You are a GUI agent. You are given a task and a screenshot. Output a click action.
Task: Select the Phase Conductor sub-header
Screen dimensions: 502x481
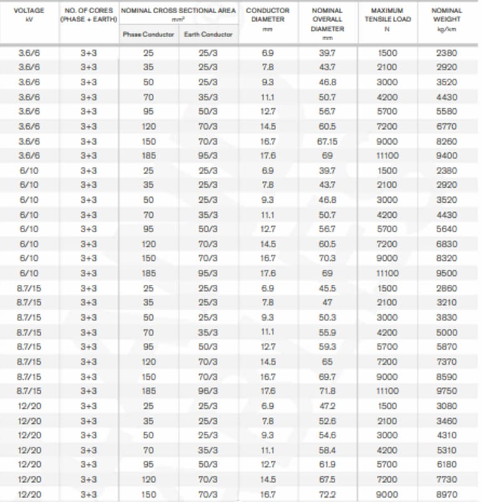[x=148, y=34]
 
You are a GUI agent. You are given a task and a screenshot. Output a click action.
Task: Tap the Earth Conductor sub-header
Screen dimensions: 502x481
[x=208, y=34]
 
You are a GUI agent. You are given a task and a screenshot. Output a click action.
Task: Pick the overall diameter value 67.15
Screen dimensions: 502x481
[x=327, y=141]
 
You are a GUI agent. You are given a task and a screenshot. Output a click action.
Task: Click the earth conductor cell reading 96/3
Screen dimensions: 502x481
[x=208, y=391]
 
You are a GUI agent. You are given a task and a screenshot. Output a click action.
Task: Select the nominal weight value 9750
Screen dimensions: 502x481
[x=447, y=391]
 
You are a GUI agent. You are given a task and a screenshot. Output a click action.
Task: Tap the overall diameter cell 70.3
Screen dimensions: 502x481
[x=327, y=259]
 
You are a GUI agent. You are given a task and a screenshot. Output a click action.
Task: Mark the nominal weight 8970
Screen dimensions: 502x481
[x=447, y=494]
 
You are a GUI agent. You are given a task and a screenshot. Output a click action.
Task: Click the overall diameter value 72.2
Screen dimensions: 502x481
[x=327, y=494]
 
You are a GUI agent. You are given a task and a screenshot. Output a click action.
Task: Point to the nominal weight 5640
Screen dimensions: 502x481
[x=447, y=229]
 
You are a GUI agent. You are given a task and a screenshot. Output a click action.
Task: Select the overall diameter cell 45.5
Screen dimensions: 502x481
[x=327, y=288]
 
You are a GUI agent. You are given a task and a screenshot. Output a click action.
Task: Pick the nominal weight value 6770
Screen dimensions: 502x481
[x=447, y=126]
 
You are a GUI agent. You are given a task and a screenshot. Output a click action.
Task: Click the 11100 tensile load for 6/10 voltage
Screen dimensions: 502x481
[x=386, y=274]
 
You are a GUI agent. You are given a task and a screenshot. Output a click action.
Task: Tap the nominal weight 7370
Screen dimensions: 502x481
[x=447, y=362]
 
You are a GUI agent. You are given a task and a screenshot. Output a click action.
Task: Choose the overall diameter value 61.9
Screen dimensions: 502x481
[x=327, y=464]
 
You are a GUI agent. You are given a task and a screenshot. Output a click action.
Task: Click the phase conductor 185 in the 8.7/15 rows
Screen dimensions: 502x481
[x=148, y=391]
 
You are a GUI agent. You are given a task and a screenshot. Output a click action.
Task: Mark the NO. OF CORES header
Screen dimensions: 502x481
[x=88, y=15]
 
